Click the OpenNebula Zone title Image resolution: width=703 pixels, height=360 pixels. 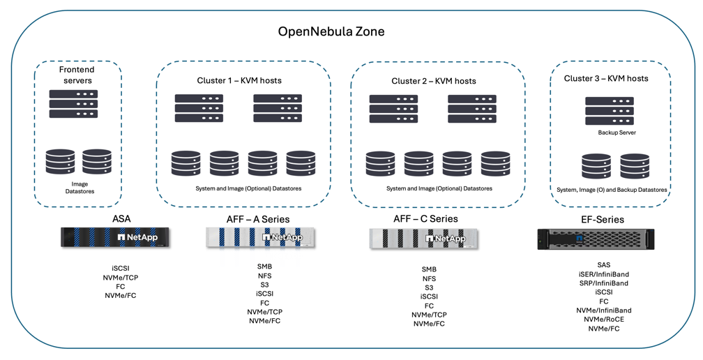pyautogui.click(x=331, y=31)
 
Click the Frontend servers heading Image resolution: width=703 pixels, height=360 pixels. pyautogui.click(x=77, y=75)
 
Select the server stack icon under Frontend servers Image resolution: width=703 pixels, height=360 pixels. pyautogui.click(x=73, y=104)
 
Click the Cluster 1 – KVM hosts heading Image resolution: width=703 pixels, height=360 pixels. pyautogui.click(x=239, y=80)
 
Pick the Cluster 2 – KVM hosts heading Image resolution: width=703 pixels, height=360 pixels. pyautogui.click(x=433, y=81)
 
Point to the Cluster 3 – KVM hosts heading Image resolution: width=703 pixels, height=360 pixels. pyautogui.click(x=606, y=78)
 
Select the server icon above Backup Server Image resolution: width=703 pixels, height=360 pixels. pyautogui.click(x=610, y=112)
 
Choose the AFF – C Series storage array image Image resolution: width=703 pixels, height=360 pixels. pyautogui.click(x=427, y=239)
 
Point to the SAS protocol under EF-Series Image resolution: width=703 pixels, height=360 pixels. pyautogui.click(x=603, y=265)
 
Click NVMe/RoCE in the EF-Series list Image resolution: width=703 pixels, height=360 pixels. pyautogui.click(x=603, y=320)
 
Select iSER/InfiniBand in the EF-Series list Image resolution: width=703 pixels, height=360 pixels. pyautogui.click(x=603, y=274)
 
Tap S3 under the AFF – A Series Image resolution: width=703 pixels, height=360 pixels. pyautogui.click(x=264, y=285)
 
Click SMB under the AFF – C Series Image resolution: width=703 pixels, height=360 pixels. pyautogui.click(x=429, y=269)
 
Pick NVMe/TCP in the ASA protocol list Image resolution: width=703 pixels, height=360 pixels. pyautogui.click(x=121, y=278)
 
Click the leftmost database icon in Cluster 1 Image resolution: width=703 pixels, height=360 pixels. pyautogui.click(x=186, y=164)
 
